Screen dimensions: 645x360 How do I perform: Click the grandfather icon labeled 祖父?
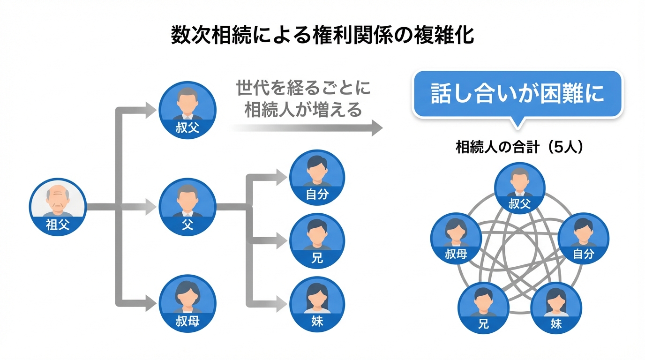pyautogui.click(x=58, y=206)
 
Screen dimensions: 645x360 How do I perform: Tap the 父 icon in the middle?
pyautogui.click(x=187, y=206)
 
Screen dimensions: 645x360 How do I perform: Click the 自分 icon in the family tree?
pyautogui.click(x=317, y=177)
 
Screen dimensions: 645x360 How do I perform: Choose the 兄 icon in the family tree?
pyautogui.click(x=317, y=241)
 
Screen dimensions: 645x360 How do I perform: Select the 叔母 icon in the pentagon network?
pyautogui.click(x=456, y=237)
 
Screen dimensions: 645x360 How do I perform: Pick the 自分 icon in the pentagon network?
pyautogui.click(x=584, y=237)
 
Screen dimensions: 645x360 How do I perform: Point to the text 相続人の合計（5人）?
pyautogui.click(x=519, y=147)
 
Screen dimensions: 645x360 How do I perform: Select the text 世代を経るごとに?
pyautogui.click(x=303, y=88)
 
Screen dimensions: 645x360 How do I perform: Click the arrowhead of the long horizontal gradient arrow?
pyautogui.click(x=377, y=127)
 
